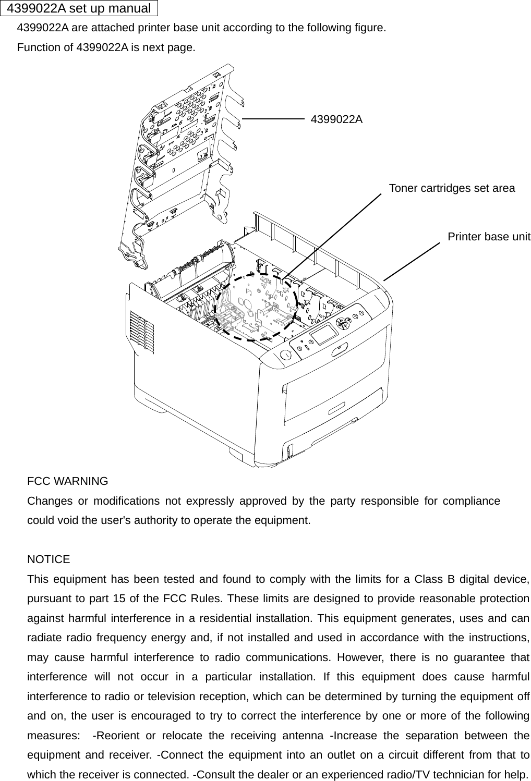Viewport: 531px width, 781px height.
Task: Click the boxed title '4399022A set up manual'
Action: click(x=79, y=8)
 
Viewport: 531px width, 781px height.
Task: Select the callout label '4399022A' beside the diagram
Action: click(x=336, y=119)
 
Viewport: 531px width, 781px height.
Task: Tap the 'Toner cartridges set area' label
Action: click(x=452, y=188)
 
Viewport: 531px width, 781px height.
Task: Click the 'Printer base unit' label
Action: click(x=489, y=237)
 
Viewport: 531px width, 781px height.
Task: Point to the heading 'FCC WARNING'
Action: click(x=68, y=481)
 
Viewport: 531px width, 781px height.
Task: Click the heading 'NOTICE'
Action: click(x=49, y=559)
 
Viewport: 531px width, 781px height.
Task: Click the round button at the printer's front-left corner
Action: click(x=286, y=356)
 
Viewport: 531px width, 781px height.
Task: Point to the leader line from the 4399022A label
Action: click(x=273, y=119)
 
